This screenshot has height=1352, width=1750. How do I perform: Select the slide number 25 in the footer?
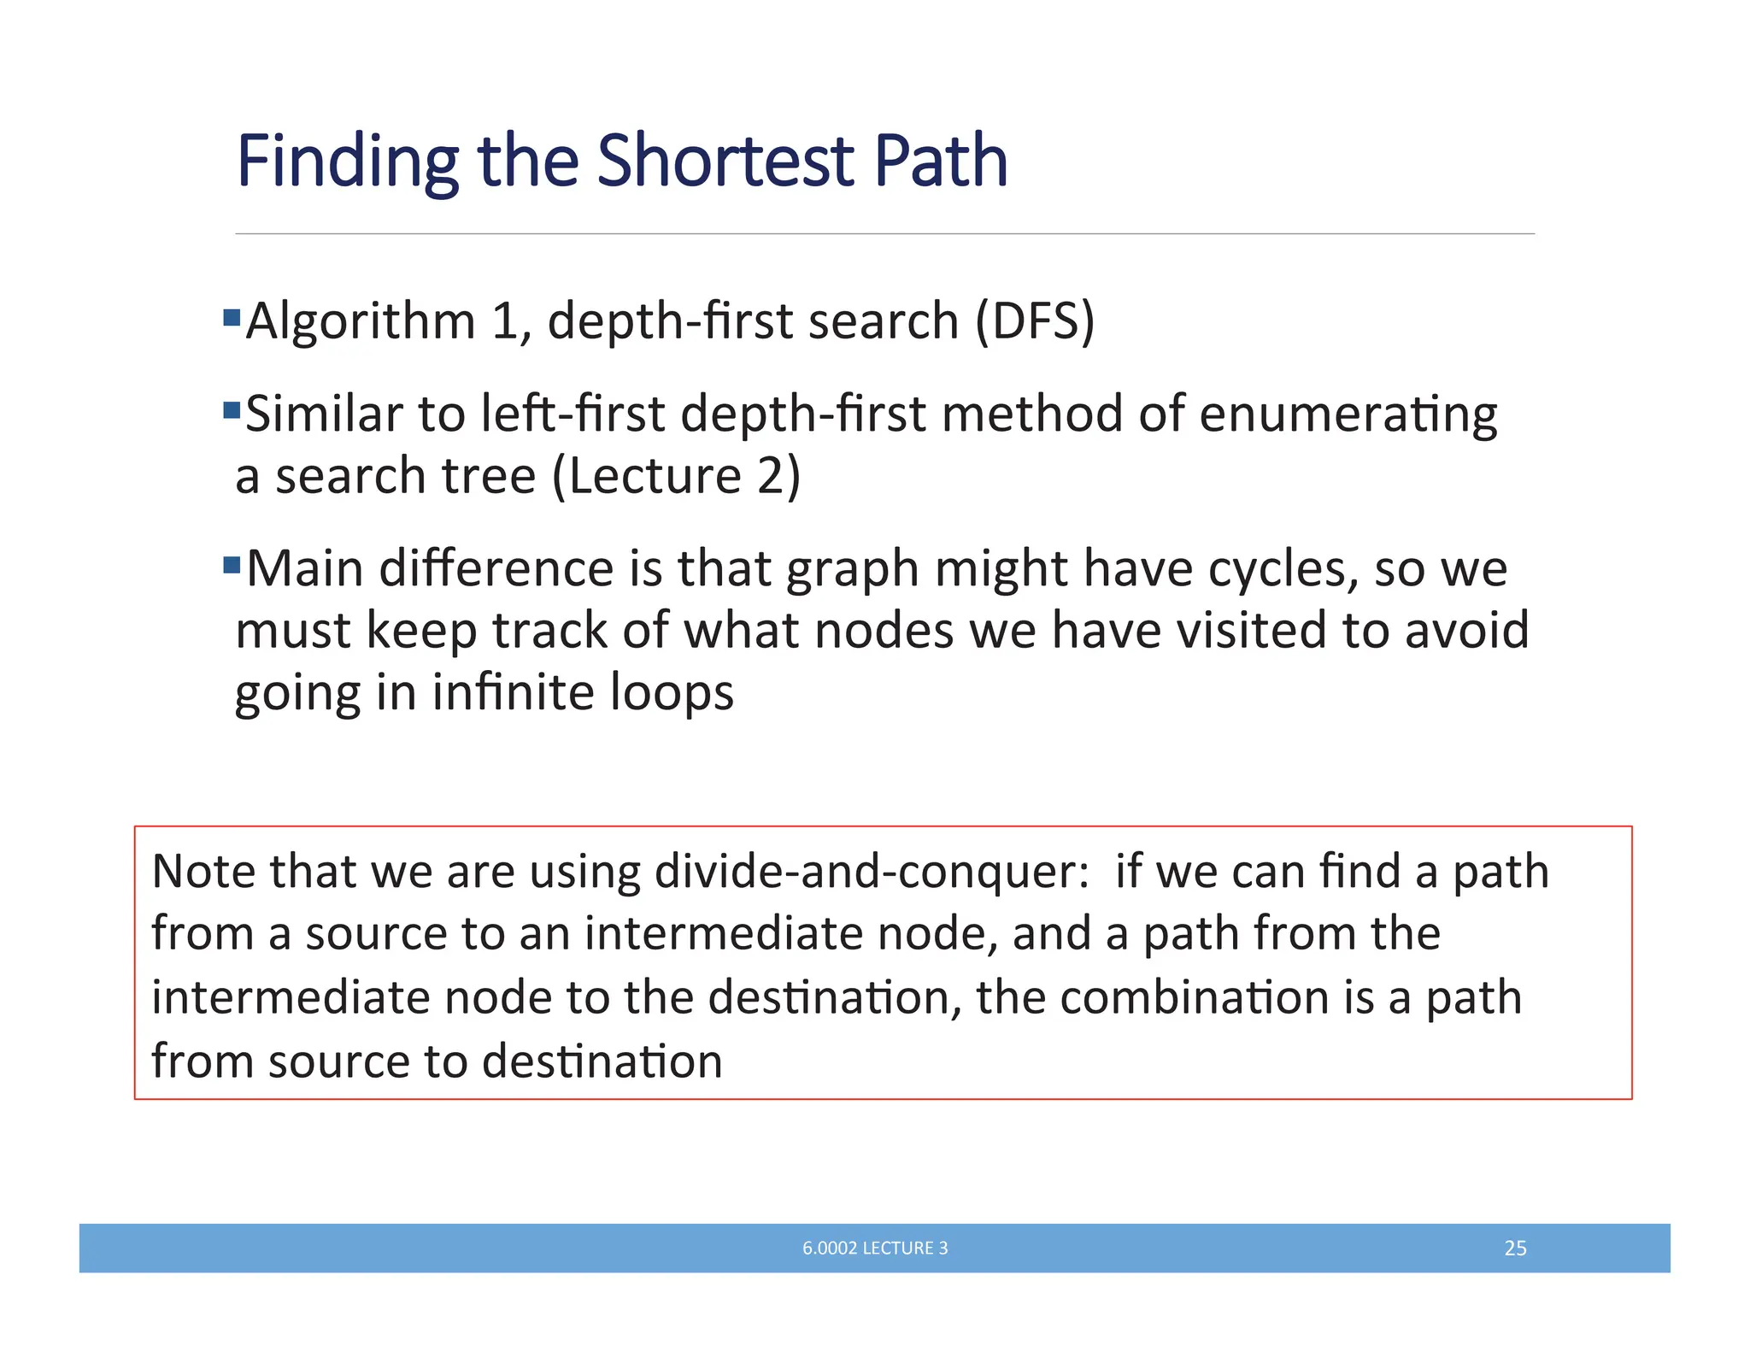click(1515, 1248)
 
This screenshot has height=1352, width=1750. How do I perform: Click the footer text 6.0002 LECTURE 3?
click(875, 1248)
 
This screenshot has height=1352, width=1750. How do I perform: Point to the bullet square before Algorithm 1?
click(232, 319)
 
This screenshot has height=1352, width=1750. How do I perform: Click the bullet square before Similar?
click(232, 410)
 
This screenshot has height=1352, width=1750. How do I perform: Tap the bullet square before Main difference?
click(232, 565)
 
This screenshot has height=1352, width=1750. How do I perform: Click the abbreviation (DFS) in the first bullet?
click(1035, 321)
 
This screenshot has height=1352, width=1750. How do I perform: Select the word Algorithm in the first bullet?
click(360, 321)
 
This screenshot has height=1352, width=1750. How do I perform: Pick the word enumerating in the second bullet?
click(1348, 414)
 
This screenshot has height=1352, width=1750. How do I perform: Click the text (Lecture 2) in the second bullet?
click(676, 476)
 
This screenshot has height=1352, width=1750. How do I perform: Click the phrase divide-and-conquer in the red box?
click(872, 873)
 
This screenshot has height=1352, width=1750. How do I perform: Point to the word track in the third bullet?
click(550, 631)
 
